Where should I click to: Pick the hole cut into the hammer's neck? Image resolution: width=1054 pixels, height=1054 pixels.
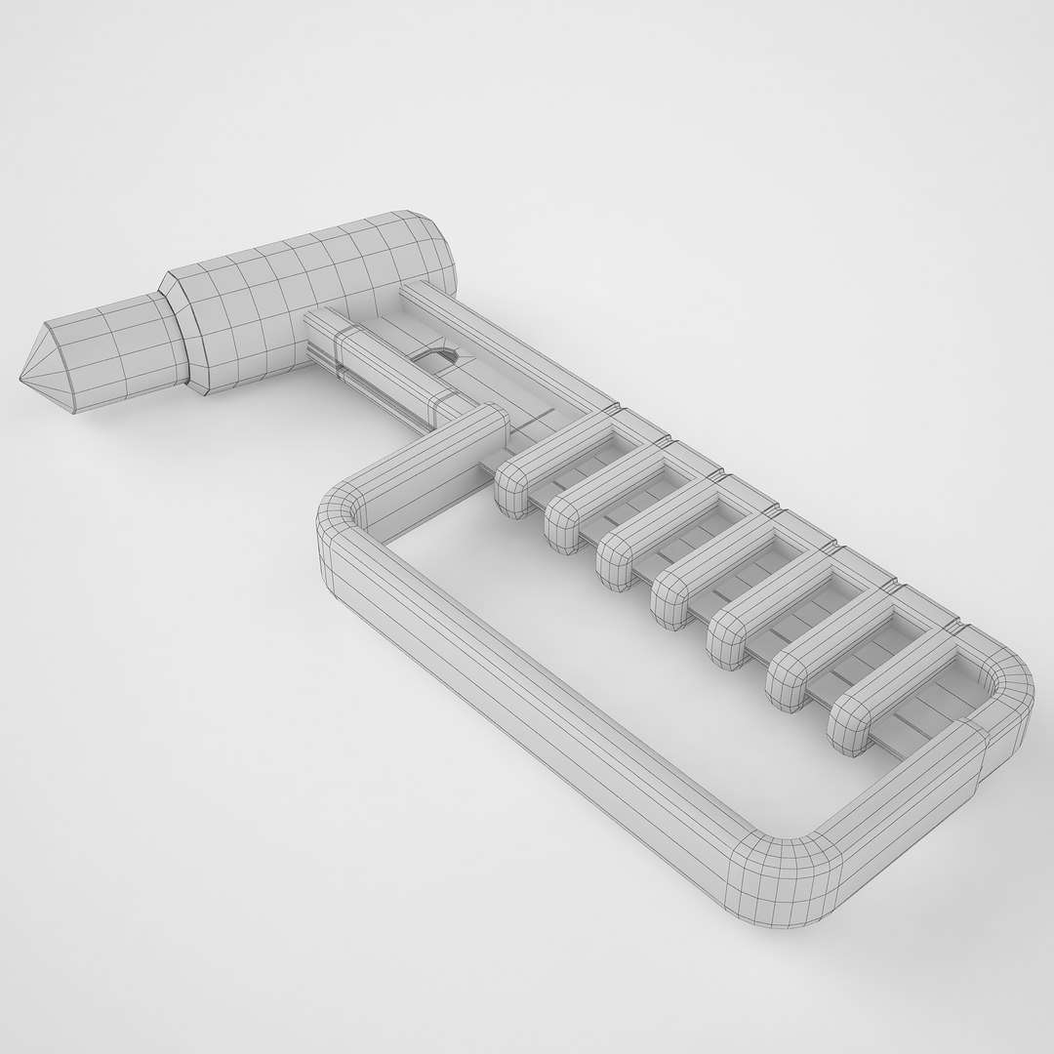click(441, 357)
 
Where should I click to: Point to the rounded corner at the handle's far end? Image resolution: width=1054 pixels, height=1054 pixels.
click(1005, 683)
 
